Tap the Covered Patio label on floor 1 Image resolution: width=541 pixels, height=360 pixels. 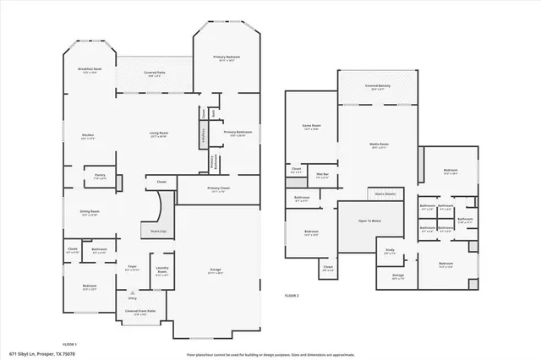154,74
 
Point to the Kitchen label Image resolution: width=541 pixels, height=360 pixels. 87,136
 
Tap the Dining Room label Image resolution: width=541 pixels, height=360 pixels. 89,213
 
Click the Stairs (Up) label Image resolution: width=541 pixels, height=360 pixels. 158,230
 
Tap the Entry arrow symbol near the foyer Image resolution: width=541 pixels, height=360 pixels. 132,293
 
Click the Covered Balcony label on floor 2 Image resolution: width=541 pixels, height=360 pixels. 377,86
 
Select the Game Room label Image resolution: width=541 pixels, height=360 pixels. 310,126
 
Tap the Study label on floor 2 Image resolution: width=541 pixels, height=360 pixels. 390,250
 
